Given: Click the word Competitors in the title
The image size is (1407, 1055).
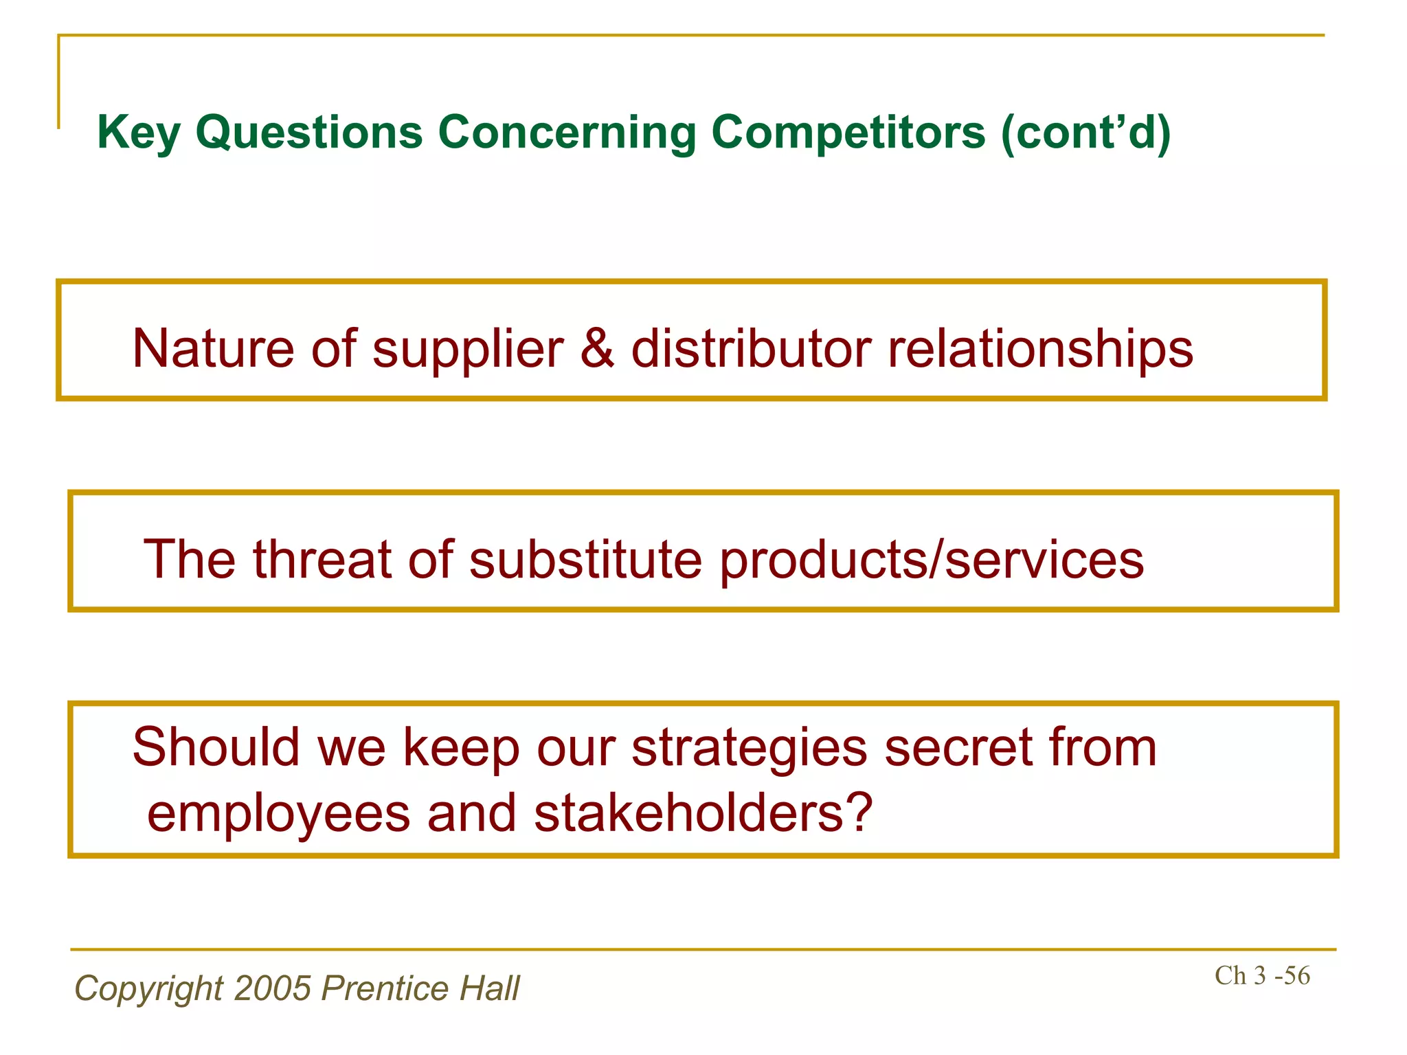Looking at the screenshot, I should pyautogui.click(x=848, y=132).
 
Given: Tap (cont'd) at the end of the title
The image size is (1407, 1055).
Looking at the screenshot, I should pyautogui.click(x=1085, y=132).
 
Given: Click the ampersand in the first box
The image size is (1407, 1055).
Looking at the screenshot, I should pyautogui.click(x=597, y=348).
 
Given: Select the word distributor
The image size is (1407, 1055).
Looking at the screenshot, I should pyautogui.click(x=751, y=348).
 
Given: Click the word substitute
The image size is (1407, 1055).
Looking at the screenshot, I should pyautogui.click(x=585, y=559).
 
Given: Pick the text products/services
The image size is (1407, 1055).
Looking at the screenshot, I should pyautogui.click(x=932, y=560).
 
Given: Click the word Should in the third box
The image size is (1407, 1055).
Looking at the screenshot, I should pyautogui.click(x=216, y=747).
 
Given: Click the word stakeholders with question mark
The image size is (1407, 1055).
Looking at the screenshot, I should pyautogui.click(x=702, y=813).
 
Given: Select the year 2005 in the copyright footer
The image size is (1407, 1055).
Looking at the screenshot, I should pyautogui.click(x=273, y=988).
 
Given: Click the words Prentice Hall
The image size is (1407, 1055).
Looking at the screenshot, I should pyautogui.click(x=420, y=988).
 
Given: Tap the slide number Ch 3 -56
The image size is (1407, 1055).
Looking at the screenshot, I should pyautogui.click(x=1262, y=975).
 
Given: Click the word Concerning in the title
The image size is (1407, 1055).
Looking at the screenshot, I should pyautogui.click(x=567, y=132).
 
